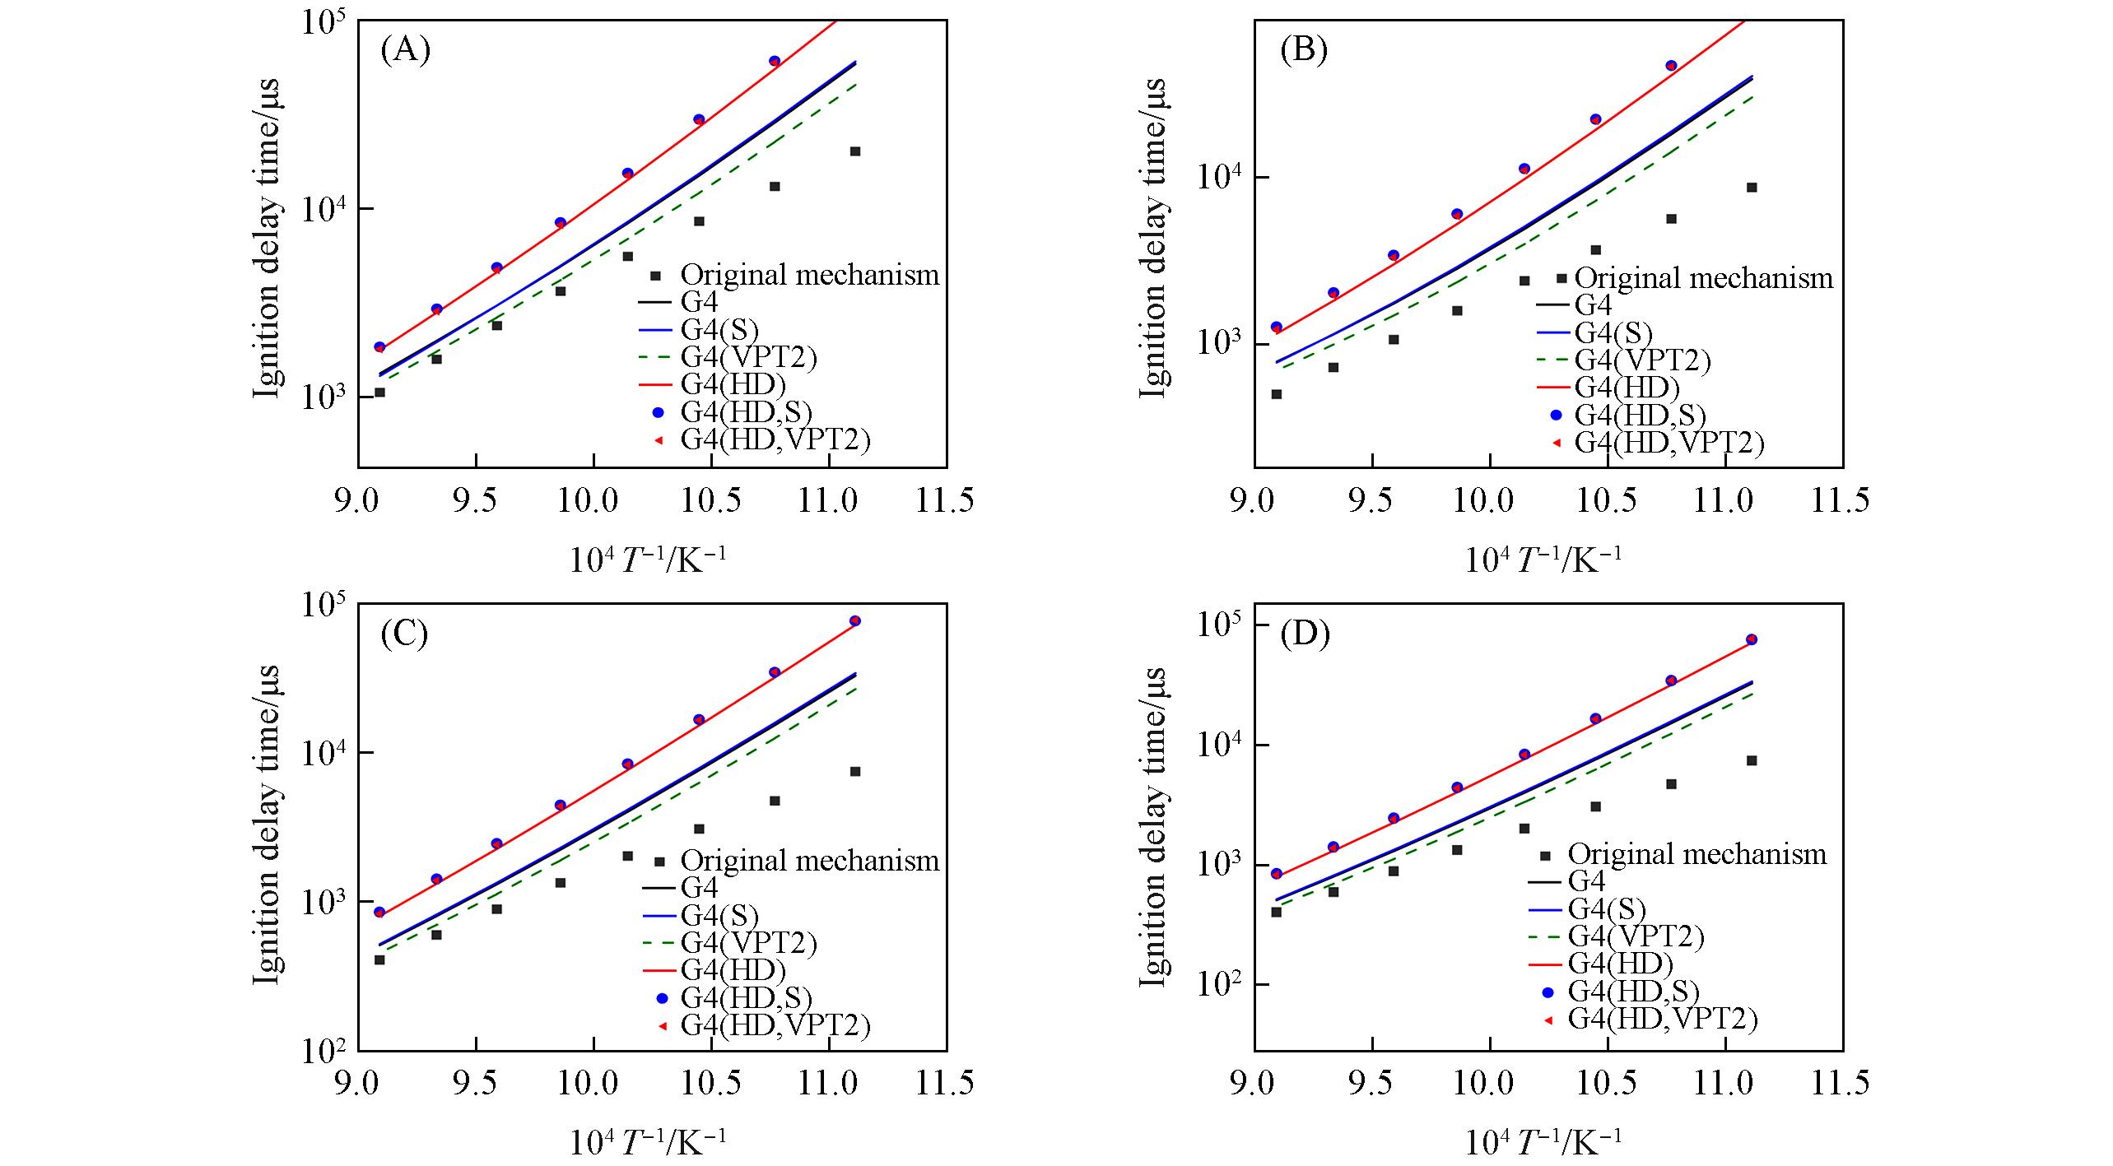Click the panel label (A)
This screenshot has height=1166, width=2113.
coord(405,51)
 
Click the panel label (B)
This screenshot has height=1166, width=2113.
coord(1304,51)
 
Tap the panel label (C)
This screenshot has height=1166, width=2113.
coord(404,634)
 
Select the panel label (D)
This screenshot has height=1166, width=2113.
coord(1304,635)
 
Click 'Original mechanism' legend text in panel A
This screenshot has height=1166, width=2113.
coord(809,275)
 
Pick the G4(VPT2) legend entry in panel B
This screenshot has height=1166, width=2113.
coord(1642,360)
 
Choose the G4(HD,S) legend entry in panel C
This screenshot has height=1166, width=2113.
coord(746,997)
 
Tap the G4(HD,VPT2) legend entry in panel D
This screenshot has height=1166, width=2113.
coord(1663,1020)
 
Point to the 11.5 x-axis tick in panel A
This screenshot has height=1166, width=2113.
coord(947,500)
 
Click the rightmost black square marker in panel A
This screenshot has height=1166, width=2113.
coord(855,151)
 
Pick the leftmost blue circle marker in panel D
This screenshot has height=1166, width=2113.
coord(1277,874)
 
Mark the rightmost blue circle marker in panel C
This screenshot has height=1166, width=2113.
coord(855,620)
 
